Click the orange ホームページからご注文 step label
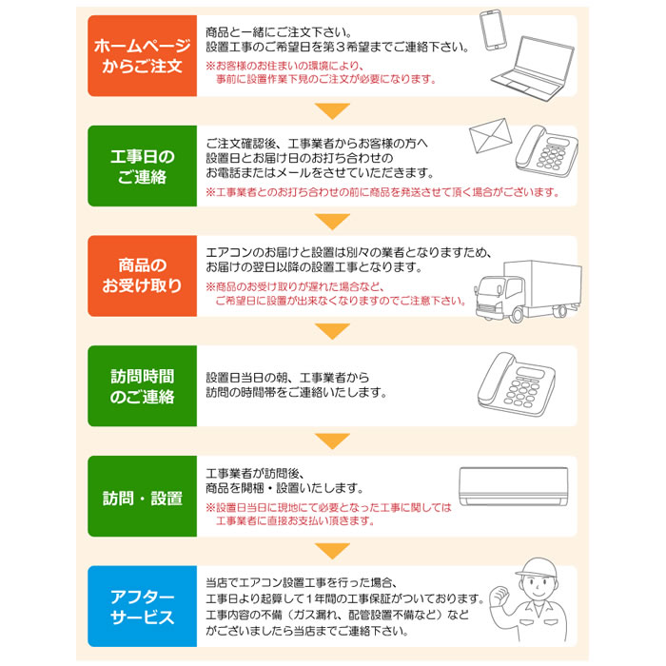[140, 56]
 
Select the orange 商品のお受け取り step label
[140, 275]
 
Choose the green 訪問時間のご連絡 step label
[140, 385]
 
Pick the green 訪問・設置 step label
[140, 498]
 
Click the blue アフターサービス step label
[140, 606]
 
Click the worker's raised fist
[496, 598]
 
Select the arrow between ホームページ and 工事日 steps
[332, 110]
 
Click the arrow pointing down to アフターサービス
[332, 551]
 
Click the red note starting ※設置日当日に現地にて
[328, 514]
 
